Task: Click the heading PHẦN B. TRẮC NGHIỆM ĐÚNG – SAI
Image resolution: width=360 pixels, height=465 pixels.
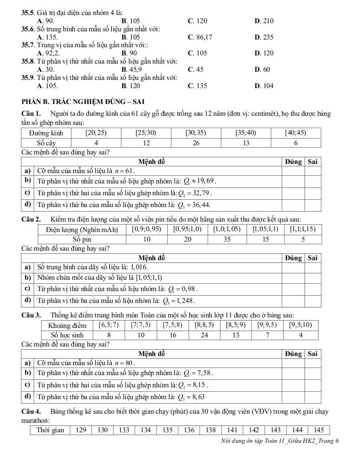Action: [83, 101]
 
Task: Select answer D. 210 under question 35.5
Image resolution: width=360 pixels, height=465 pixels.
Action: [264, 20]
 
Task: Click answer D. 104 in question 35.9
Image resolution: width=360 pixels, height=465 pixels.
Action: [264, 86]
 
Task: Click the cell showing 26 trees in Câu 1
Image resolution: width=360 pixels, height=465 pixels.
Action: [196, 143]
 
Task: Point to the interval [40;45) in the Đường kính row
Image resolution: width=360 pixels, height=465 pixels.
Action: [296, 133]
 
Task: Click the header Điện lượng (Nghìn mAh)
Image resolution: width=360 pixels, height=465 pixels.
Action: [82, 229]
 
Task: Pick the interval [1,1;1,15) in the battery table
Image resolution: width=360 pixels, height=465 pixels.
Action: [303, 229]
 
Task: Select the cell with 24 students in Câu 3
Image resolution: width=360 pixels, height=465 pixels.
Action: [205, 335]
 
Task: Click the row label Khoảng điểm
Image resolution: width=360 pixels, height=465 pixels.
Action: [67, 325]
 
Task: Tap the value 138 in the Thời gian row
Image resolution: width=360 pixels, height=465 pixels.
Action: [210, 430]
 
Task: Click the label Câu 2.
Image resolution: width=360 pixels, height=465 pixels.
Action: [31, 219]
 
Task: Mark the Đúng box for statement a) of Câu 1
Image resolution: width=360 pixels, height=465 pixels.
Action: [293, 171]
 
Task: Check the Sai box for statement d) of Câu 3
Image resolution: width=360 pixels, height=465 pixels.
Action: [312, 396]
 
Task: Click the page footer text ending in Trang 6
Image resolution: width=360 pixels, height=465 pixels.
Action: [280, 441]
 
